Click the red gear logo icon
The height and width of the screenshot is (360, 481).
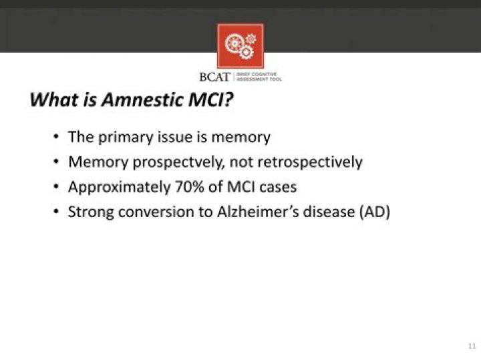tap(240, 45)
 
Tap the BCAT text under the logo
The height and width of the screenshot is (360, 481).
tap(214, 77)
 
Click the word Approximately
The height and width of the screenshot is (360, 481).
tap(119, 188)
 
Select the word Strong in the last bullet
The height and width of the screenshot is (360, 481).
tap(92, 212)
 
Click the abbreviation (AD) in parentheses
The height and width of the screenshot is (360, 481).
tap(376, 212)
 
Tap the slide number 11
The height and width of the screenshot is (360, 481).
tap(471, 347)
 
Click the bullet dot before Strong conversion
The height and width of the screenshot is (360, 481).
tap(56, 213)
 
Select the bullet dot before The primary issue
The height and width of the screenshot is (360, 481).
tap(56, 138)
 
